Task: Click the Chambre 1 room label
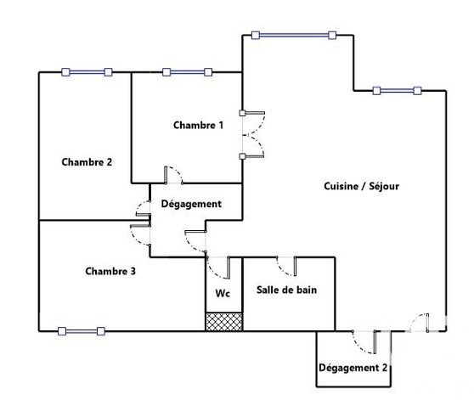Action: click(198, 125)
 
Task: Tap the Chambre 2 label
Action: click(87, 162)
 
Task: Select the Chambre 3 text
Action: click(110, 271)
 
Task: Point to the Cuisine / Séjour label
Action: click(361, 186)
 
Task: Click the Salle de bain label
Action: click(286, 290)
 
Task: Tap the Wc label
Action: click(223, 293)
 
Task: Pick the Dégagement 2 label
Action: click(353, 368)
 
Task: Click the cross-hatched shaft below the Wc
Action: click(224, 322)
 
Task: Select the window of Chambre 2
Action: click(87, 72)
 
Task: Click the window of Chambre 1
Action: click(188, 72)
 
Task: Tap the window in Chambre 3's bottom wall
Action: click(82, 331)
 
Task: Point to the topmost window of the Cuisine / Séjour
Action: click(294, 36)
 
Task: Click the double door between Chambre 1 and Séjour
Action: click(253, 135)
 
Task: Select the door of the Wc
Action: click(218, 267)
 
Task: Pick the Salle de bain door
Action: click(286, 266)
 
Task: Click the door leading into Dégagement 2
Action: click(364, 342)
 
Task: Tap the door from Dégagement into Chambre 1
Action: click(173, 175)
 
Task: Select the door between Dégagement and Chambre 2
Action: click(144, 209)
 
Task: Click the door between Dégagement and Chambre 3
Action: click(140, 235)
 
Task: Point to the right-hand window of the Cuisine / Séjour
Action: click(397, 91)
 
